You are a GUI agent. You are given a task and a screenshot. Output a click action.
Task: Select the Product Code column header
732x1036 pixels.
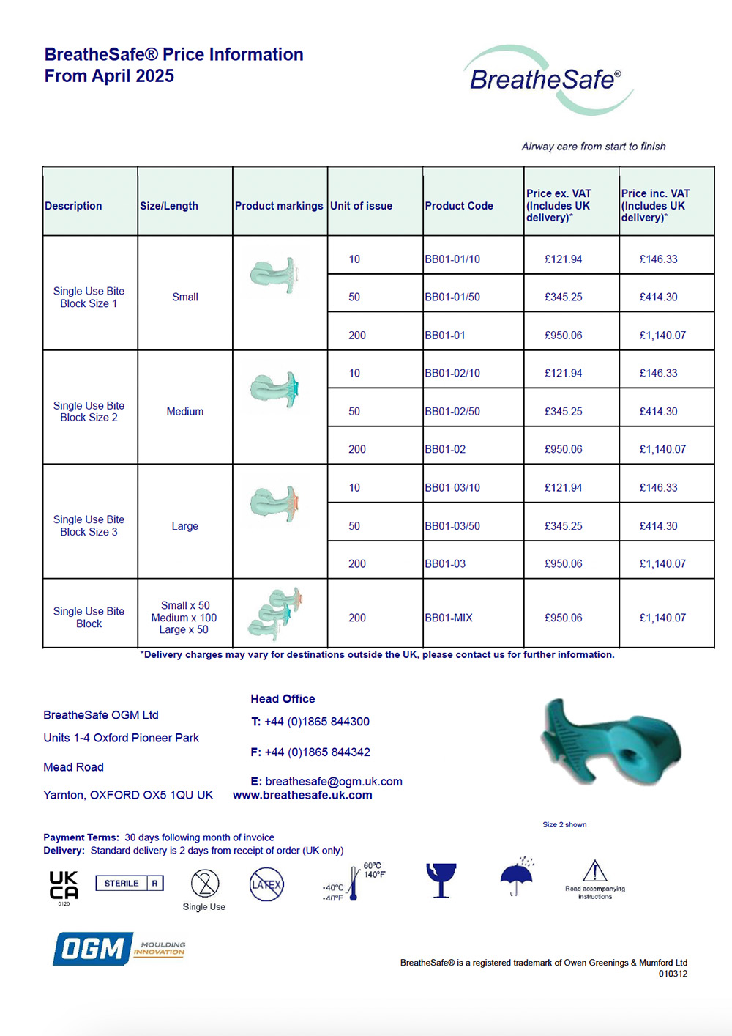click(459, 206)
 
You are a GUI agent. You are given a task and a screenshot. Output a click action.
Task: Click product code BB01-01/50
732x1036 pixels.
click(452, 297)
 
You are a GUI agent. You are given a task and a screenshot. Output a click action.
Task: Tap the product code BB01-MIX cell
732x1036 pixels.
click(449, 618)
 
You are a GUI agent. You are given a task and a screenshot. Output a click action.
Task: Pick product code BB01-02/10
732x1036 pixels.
click(452, 373)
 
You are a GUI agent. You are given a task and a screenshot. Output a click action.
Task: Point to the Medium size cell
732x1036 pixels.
click(185, 412)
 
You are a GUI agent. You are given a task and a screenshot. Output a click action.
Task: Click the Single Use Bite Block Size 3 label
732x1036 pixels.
click(89, 525)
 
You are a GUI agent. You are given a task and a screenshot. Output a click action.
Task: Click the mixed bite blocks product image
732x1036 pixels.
click(275, 614)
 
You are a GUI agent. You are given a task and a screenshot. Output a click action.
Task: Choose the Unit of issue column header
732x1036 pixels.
click(361, 206)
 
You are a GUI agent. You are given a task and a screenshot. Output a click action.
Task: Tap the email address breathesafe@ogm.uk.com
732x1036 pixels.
click(334, 781)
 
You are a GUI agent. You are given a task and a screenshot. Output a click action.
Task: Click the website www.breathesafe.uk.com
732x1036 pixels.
click(302, 795)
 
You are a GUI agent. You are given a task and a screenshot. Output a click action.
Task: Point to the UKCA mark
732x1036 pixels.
click(64, 885)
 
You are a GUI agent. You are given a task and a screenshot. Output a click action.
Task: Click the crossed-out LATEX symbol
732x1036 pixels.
click(266, 884)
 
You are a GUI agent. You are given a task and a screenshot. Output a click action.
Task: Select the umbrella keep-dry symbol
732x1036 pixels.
click(517, 877)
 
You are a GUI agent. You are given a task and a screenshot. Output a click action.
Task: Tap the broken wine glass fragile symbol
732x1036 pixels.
click(441, 879)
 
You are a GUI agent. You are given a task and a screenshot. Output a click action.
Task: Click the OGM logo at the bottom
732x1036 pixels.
click(94, 949)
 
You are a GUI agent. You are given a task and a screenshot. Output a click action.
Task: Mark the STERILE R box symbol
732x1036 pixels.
click(130, 884)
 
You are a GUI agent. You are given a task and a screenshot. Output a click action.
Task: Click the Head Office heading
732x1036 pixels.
click(283, 699)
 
